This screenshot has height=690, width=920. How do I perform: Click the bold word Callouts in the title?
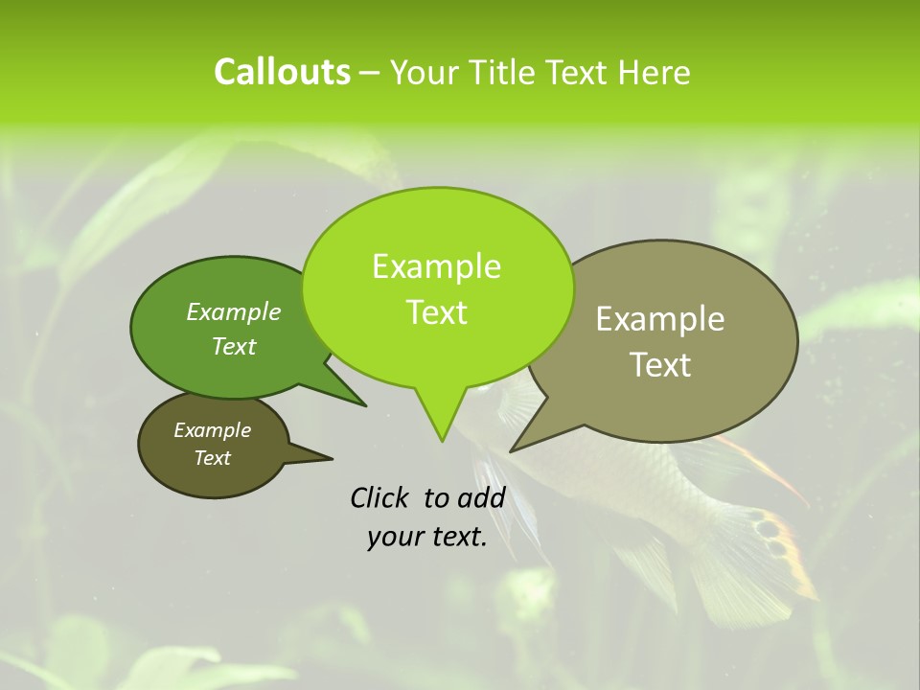tap(282, 72)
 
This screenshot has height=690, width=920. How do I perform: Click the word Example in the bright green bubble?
tap(436, 266)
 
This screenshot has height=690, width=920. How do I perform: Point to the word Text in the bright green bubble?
tap(437, 312)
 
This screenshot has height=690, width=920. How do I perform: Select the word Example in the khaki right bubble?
tap(660, 319)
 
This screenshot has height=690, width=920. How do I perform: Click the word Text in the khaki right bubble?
tap(661, 365)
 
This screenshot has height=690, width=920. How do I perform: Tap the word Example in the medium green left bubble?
tap(233, 312)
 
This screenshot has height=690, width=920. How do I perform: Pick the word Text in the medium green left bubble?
tap(234, 346)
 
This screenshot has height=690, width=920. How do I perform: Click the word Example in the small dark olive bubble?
tap(212, 430)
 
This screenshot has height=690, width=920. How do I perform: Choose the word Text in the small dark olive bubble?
tap(213, 458)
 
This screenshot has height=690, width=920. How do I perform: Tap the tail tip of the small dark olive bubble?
tap(332, 458)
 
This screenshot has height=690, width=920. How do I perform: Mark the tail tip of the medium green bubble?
tap(365, 405)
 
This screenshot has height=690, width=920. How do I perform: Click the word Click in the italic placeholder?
tap(381, 497)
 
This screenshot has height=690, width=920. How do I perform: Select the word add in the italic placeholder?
tap(481, 497)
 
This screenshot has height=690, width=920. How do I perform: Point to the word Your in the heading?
tap(424, 73)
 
